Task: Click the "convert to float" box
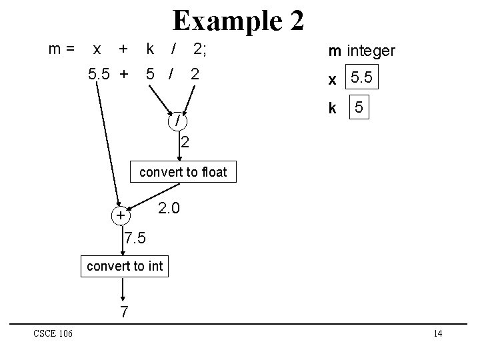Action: coord(183,172)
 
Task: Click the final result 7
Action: coord(123,311)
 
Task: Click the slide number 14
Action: coord(437,333)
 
